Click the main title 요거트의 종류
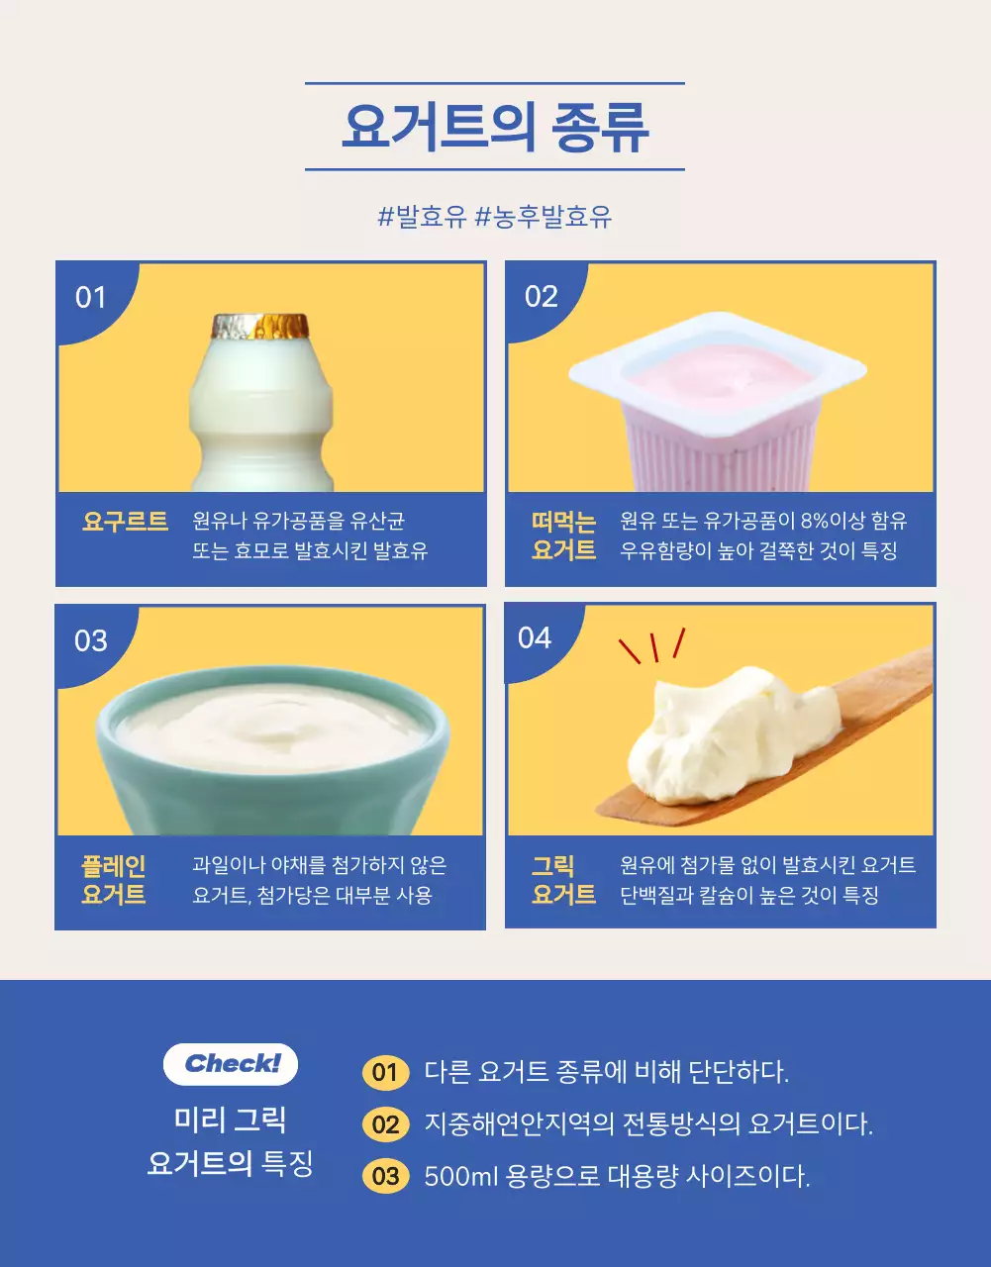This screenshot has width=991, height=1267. pyautogui.click(x=495, y=127)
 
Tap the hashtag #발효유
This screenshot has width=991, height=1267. pyautogui.click(x=422, y=217)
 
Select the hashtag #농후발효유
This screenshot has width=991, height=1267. pyautogui.click(x=544, y=217)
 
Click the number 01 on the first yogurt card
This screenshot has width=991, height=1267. pyautogui.click(x=90, y=297)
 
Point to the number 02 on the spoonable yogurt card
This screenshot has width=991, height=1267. pyautogui.click(x=541, y=296)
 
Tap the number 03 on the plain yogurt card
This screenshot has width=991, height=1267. pyautogui.click(x=90, y=640)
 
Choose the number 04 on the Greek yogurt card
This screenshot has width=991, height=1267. pyautogui.click(x=535, y=637)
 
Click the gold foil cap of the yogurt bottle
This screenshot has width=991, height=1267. pyautogui.click(x=260, y=326)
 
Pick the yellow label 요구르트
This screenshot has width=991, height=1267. pyautogui.click(x=125, y=522)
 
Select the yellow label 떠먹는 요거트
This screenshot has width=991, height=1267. pyautogui.click(x=563, y=536)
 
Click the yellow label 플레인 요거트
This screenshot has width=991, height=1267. pyautogui.click(x=114, y=880)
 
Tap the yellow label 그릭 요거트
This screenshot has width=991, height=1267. pyautogui.click(x=563, y=880)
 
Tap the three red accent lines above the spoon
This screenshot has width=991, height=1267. pyautogui.click(x=652, y=646)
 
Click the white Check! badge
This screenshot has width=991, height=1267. pyautogui.click(x=231, y=1064)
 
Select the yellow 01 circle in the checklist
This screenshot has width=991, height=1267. pyautogui.click(x=385, y=1072)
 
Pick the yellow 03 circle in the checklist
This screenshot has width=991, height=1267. pyautogui.click(x=385, y=1176)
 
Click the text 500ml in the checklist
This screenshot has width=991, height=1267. pyautogui.click(x=459, y=1176)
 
